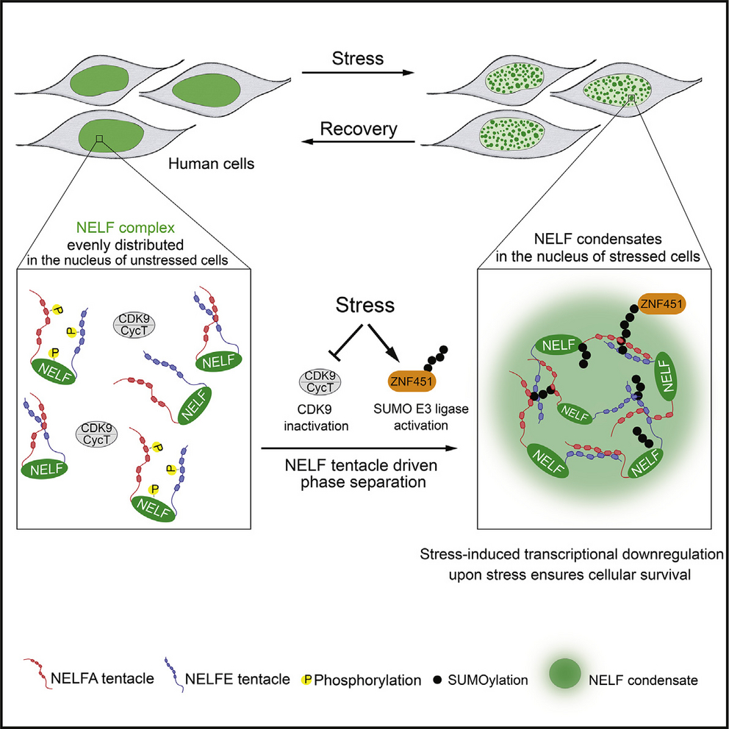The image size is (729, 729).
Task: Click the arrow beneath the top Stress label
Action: coord(358,73)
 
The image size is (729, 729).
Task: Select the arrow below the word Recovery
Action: coord(358,141)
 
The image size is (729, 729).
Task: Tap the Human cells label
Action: coord(212,164)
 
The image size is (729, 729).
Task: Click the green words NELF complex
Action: coord(126,228)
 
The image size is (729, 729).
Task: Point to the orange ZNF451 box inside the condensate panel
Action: coord(661,304)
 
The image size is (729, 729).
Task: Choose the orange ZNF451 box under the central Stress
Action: coord(412,382)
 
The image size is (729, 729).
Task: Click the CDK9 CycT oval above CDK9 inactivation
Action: coord(320,382)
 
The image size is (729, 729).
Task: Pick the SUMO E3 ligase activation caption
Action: coord(421,417)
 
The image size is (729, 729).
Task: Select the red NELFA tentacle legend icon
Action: coord(36,672)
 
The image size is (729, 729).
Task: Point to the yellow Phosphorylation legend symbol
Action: coord(306,680)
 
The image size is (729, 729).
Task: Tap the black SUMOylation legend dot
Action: coord(437,680)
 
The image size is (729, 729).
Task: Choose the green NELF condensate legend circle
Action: coord(564,672)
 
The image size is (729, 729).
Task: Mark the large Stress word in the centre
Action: coord(365,306)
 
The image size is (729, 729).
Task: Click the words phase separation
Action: coord(363,482)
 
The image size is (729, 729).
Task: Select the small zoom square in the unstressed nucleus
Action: coord(98,138)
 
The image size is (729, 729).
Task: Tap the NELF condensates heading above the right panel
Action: coord(598,240)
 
